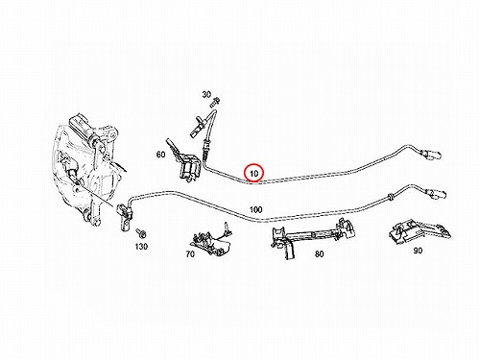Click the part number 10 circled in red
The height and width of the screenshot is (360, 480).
tap(253, 174)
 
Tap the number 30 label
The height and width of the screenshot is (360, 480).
tap(206, 94)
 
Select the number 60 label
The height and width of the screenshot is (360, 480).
tap(160, 155)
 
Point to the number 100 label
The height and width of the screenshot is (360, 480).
tap(255, 210)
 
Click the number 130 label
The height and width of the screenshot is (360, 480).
tap(141, 247)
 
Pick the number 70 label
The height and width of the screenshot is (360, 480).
tap(190, 254)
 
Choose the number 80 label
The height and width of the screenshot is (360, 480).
tap(319, 254)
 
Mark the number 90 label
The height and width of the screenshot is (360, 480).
tap(418, 251)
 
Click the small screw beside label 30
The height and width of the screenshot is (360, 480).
tap(215, 102)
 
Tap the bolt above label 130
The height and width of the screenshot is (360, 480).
tap(140, 233)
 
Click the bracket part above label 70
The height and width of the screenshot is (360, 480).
tap(211, 240)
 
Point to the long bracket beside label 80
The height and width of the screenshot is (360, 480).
tap(313, 236)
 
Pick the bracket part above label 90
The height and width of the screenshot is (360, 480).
tap(420, 231)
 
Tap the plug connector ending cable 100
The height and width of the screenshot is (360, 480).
tap(437, 194)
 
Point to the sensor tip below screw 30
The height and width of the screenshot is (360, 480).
tap(197, 127)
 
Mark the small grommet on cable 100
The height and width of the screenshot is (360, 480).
tap(391, 196)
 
